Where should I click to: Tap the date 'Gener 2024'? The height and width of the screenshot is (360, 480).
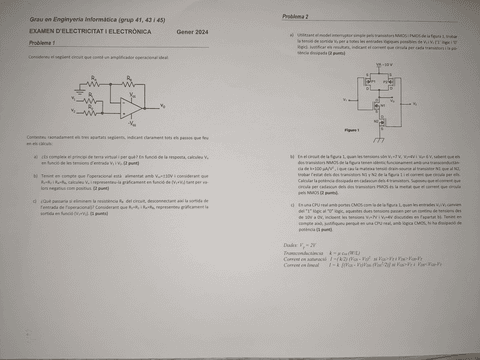click(x=190, y=32)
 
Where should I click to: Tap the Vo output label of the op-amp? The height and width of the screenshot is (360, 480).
click(x=163, y=104)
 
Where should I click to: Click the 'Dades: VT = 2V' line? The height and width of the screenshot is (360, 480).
click(x=301, y=245)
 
